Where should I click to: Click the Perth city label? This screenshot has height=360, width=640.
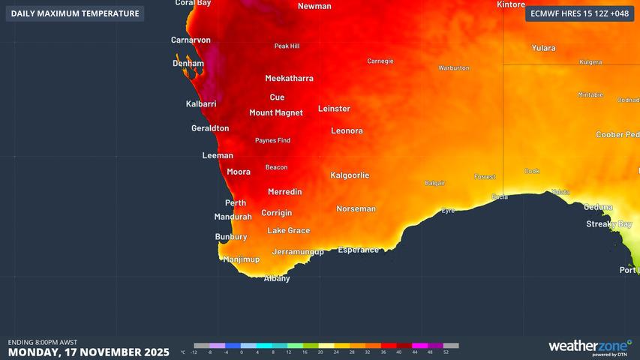coord(235,203)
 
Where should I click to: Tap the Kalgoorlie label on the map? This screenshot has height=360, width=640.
coord(350,175)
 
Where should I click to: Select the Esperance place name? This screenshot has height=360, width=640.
coord(358,250)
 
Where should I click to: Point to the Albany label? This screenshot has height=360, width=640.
coord(277,279)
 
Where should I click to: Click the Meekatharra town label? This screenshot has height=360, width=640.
coord(289,79)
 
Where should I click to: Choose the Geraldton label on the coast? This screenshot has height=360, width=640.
coord(210,128)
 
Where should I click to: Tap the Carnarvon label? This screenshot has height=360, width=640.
coord(191,40)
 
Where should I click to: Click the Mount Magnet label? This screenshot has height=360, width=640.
coord(276,113)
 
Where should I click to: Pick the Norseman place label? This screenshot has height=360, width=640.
coord(356,209)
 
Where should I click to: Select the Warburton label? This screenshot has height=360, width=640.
coord(454,68)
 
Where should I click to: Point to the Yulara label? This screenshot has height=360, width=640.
coord(543,48)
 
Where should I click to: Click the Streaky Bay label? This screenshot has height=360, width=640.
coord(608,224)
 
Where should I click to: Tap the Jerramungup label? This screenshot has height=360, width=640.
coord(298,252)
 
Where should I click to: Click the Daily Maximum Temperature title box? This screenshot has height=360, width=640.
coord(75,13)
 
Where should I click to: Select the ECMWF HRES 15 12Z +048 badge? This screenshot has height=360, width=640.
coord(579,13)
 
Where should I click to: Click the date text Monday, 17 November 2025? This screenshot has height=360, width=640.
coord(89,352)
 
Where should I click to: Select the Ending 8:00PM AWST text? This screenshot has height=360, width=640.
coord(43,342)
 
